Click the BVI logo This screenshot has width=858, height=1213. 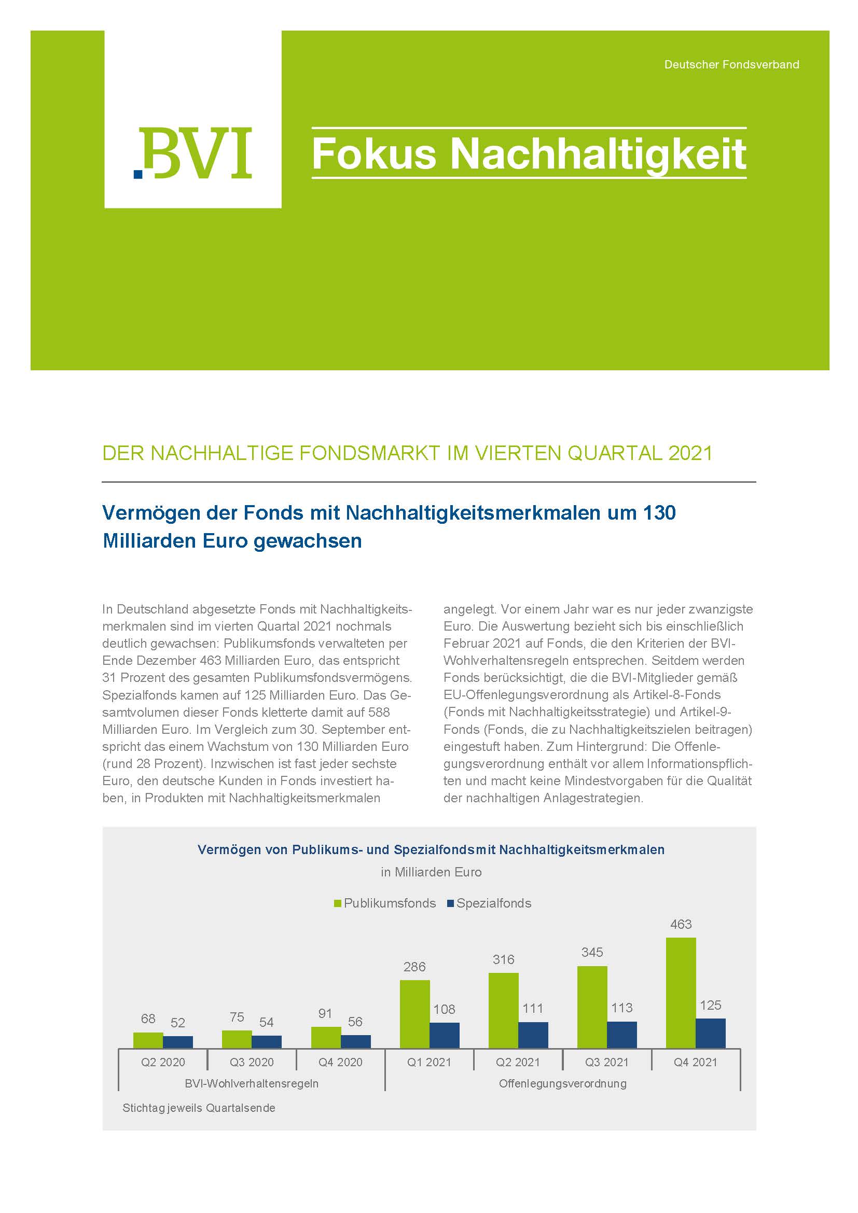(193, 152)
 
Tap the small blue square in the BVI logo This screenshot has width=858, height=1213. (139, 173)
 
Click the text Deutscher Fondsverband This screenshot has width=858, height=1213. (731, 64)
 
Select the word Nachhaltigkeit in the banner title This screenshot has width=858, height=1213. (598, 154)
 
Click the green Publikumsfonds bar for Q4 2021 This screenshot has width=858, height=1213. (681, 993)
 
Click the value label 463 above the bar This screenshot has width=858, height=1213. (681, 924)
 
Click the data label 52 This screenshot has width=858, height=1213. (177, 1022)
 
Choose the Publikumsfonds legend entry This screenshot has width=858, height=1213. (384, 903)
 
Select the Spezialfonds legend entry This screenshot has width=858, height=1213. (489, 903)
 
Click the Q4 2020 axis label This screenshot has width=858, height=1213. (340, 1062)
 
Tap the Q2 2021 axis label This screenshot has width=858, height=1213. (518, 1062)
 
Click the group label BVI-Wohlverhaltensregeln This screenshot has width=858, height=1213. (252, 1083)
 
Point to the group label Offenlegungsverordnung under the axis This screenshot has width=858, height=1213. (563, 1083)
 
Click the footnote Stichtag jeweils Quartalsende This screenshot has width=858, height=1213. (199, 1108)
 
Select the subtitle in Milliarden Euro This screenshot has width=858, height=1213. (431, 872)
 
